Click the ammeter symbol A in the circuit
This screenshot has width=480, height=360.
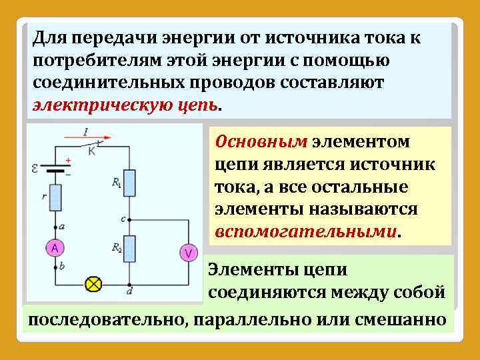pyautogui.click(x=55, y=248)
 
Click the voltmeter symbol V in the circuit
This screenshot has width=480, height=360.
pyautogui.click(x=188, y=252)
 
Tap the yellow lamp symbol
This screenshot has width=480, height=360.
pyautogui.click(x=93, y=284)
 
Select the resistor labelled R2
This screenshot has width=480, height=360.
pyautogui.click(x=131, y=248)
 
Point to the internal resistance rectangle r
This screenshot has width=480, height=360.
pyautogui.click(x=55, y=197)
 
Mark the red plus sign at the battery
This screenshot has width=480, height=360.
pyautogui.click(x=68, y=161)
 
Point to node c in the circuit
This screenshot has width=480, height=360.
pyautogui.click(x=131, y=218)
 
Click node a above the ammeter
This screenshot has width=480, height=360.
pyautogui.click(x=55, y=227)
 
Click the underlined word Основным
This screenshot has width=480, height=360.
pyautogui.click(x=261, y=142)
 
